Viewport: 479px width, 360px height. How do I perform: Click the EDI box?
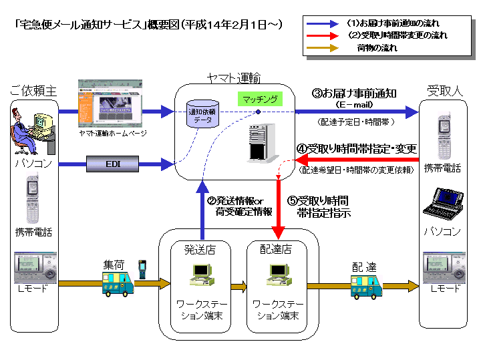112,162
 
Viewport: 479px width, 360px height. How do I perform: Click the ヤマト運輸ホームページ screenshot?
109,104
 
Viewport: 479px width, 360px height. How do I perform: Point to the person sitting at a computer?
29,128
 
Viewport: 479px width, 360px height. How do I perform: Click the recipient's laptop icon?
443,205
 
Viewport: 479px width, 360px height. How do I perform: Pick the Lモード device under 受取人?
444,266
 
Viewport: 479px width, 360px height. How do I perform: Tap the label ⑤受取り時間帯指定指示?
323,206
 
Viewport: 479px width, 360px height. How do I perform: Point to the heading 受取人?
444,89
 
